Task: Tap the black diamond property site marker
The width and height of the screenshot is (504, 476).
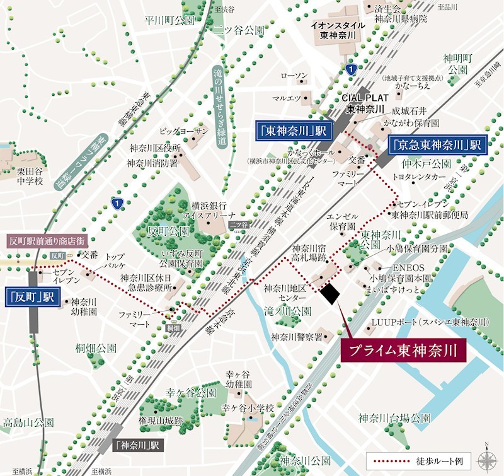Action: (329, 293)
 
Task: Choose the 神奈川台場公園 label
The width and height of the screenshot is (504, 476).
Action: (394, 418)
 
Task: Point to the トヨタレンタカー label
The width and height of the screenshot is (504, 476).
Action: (418, 178)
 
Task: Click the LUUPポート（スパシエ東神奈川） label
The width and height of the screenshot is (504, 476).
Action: (430, 322)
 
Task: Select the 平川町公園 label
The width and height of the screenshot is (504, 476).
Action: (161, 21)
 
